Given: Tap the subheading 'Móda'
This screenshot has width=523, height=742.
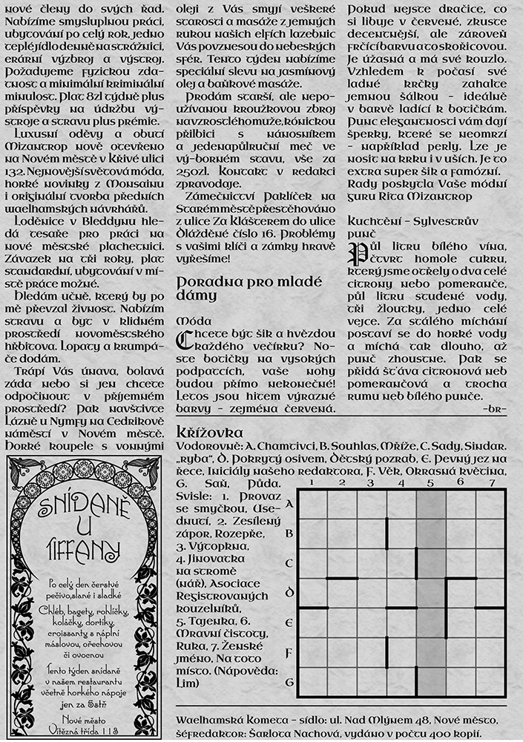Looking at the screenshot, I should click(191, 321).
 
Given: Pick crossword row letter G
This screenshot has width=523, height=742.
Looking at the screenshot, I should click(289, 682).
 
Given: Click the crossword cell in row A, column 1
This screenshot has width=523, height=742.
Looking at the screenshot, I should click(312, 505).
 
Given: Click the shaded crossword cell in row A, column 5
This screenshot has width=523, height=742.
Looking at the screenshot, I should click(431, 505).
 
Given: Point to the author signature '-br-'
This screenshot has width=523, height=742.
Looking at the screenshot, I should click(493, 409).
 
